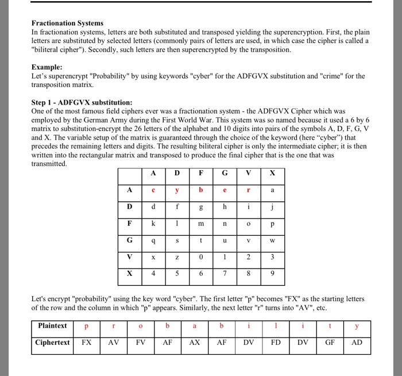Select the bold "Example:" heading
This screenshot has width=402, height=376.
(x=47, y=67)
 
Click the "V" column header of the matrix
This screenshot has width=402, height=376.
(x=248, y=173)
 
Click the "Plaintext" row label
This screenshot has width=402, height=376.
(x=52, y=326)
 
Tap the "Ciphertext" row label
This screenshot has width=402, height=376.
(x=52, y=342)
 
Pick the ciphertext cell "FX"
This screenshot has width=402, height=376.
(x=87, y=343)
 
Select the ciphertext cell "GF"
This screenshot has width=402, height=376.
(x=330, y=343)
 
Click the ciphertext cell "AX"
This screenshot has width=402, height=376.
(x=195, y=343)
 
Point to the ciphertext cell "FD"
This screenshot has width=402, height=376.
(x=276, y=343)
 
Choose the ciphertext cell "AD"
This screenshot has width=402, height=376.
(x=357, y=343)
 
